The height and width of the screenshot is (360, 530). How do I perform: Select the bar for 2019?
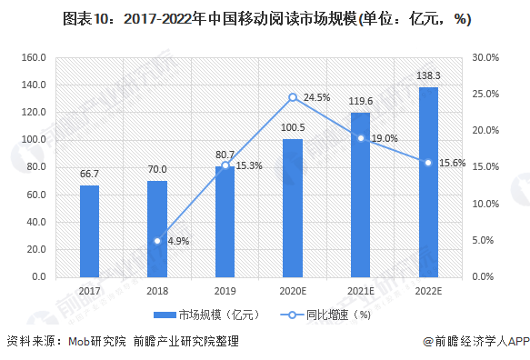coord(225,221)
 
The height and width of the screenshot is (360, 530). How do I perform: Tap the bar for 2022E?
coord(427,182)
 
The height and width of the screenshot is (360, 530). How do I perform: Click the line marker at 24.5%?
coord(293,97)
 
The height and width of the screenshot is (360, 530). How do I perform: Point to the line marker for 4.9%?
coord(157,241)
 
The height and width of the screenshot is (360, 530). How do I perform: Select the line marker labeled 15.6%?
coord(427,163)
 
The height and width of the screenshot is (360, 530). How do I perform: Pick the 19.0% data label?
coord(385,138)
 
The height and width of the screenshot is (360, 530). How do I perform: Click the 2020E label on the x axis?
coord(293,290)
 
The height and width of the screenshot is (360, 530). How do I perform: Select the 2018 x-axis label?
coord(157,290)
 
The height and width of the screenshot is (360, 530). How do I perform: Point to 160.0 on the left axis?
coord(34,57)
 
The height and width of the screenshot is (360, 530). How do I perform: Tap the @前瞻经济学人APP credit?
coord(474,343)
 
